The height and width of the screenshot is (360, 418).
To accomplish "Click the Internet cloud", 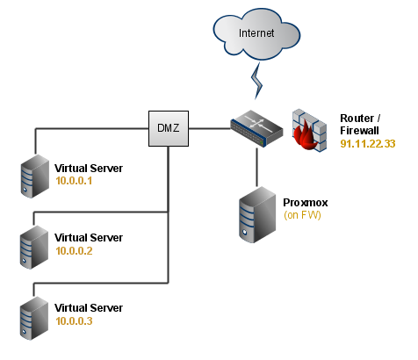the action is pyautogui.click(x=256, y=33).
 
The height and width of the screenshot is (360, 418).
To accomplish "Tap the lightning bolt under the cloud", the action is pyautogui.click(x=256, y=81).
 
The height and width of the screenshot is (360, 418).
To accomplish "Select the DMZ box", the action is pyautogui.click(x=169, y=128).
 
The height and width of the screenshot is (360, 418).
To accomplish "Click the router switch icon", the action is pyautogui.click(x=256, y=128).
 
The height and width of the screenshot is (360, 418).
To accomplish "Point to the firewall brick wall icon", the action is pyautogui.click(x=309, y=130).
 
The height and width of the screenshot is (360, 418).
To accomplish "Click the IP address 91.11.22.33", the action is pyautogui.click(x=368, y=144).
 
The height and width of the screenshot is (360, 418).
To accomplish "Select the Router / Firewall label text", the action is pyautogui.click(x=360, y=125).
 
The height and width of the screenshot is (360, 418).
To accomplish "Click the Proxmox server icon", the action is pyautogui.click(x=257, y=214).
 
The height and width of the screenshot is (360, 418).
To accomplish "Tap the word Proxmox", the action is pyautogui.click(x=306, y=203).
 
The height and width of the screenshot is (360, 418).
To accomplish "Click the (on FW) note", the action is pyautogui.click(x=302, y=215).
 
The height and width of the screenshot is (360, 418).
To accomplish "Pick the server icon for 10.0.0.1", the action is pyautogui.click(x=35, y=176).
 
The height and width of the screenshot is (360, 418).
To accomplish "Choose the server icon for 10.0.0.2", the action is pyautogui.click(x=34, y=247).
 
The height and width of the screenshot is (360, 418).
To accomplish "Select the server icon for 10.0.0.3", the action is pyautogui.click(x=34, y=318).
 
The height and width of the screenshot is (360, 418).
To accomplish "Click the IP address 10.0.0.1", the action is pyautogui.click(x=74, y=181).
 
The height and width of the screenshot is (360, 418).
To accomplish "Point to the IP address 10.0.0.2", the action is pyautogui.click(x=74, y=251).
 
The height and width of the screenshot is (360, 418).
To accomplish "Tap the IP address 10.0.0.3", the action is pyautogui.click(x=74, y=321).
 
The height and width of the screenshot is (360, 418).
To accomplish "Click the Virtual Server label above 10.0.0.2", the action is pyautogui.click(x=89, y=238).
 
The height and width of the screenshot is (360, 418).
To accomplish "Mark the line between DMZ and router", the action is pyautogui.click(x=210, y=128).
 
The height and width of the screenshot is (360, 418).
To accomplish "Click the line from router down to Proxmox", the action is pyautogui.click(x=257, y=167).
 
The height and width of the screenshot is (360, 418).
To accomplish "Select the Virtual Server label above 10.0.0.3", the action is pyautogui.click(x=89, y=308).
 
